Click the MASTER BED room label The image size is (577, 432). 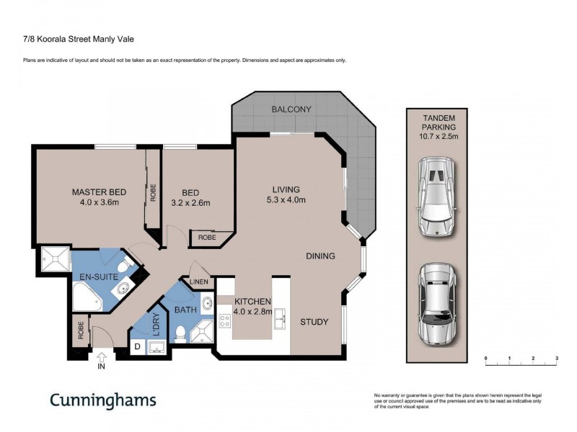99,192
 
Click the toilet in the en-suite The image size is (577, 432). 124,267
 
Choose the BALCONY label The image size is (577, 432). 291,109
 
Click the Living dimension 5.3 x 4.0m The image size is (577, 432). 286,200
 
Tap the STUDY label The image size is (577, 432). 314,322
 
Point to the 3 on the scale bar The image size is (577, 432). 557,358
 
